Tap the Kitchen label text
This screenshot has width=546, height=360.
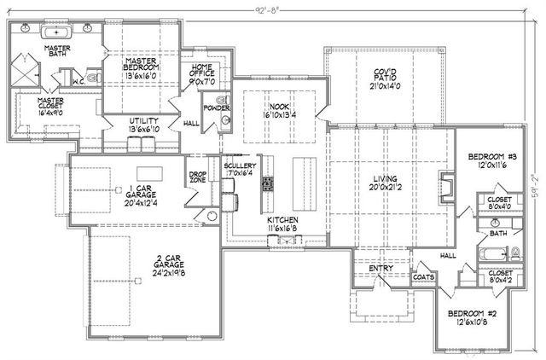coord(282,224)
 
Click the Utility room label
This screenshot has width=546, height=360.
coord(144,125)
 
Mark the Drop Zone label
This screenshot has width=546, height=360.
coord(198,179)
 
